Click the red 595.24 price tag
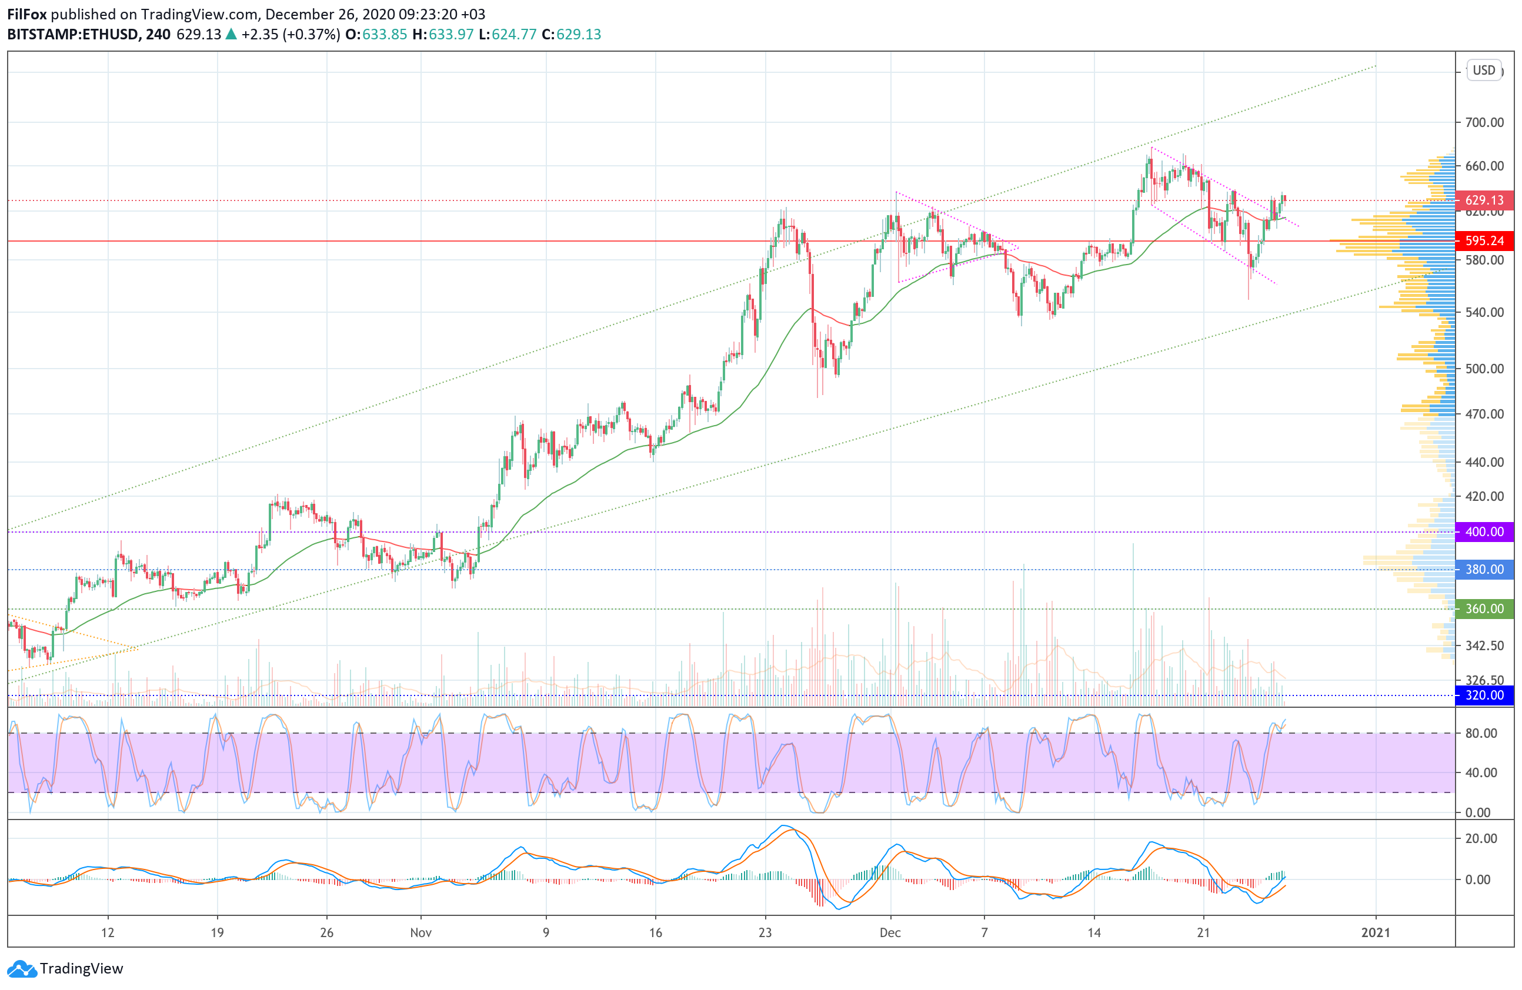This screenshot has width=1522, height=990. pyautogui.click(x=1484, y=241)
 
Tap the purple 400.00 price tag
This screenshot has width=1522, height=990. pyautogui.click(x=1484, y=532)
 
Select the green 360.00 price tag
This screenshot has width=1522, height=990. pyautogui.click(x=1484, y=609)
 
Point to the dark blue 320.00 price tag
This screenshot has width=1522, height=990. pyautogui.click(x=1484, y=695)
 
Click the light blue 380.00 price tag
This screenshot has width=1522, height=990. pyautogui.click(x=1484, y=570)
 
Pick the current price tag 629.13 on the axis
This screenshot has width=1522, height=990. pyautogui.click(x=1484, y=200)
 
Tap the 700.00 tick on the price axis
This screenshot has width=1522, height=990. pyautogui.click(x=1484, y=122)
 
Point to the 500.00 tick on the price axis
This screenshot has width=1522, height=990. pyautogui.click(x=1484, y=369)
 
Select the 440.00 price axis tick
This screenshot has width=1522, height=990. pyautogui.click(x=1484, y=462)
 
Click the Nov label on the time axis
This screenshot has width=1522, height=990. pyautogui.click(x=421, y=932)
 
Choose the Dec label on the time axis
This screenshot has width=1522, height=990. pyautogui.click(x=890, y=932)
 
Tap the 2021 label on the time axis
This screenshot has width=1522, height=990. pyautogui.click(x=1376, y=932)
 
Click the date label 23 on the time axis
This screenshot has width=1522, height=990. pyautogui.click(x=765, y=932)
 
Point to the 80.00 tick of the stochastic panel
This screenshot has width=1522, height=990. pyautogui.click(x=1481, y=734)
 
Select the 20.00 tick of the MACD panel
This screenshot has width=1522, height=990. pyautogui.click(x=1481, y=838)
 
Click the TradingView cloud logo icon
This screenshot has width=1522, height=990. pyautogui.click(x=22, y=969)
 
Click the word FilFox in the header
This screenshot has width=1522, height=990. pyautogui.click(x=27, y=14)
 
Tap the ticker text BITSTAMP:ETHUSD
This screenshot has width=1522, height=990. pyautogui.click(x=73, y=35)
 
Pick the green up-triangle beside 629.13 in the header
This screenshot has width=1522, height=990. pyautogui.click(x=231, y=35)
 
